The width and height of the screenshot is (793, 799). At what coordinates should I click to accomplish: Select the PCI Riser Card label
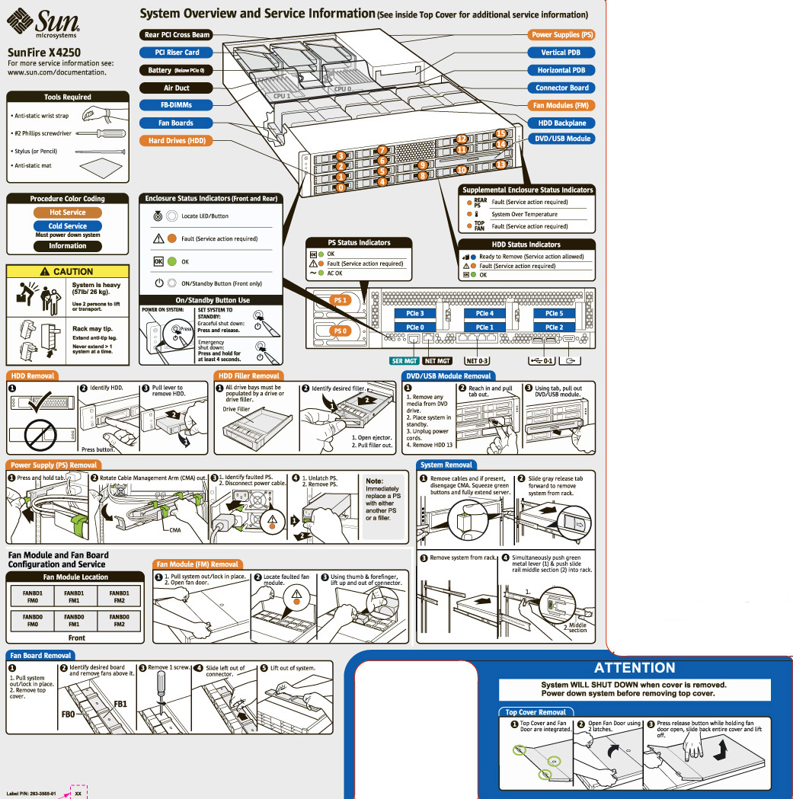click(x=177, y=53)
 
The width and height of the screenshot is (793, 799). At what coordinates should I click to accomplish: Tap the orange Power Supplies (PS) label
click(x=562, y=35)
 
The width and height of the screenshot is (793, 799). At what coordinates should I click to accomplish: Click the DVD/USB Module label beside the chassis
click(x=562, y=139)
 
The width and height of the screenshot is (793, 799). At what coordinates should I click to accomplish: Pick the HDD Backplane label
click(x=562, y=123)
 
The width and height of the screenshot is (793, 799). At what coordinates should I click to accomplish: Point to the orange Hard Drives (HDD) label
click(x=177, y=140)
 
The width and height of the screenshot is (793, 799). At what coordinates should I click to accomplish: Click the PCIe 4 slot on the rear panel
click(x=484, y=313)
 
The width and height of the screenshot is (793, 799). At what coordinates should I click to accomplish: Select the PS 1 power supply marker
click(x=341, y=301)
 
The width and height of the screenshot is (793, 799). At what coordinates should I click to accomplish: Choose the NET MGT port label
click(x=436, y=360)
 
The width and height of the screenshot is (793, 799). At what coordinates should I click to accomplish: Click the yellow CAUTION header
click(x=68, y=271)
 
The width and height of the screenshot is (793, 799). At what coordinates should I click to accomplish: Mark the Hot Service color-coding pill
click(x=68, y=213)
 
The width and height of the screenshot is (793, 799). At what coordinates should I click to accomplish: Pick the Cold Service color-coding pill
click(x=68, y=226)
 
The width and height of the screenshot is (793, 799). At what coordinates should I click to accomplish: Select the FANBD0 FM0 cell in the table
click(x=33, y=620)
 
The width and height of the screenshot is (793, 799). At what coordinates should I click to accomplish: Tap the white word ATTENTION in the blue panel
click(x=634, y=668)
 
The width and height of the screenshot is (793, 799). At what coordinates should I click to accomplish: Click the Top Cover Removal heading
click(x=536, y=712)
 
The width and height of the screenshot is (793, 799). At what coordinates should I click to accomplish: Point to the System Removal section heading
click(x=446, y=465)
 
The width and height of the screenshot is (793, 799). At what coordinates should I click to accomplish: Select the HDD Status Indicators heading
click(x=526, y=244)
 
